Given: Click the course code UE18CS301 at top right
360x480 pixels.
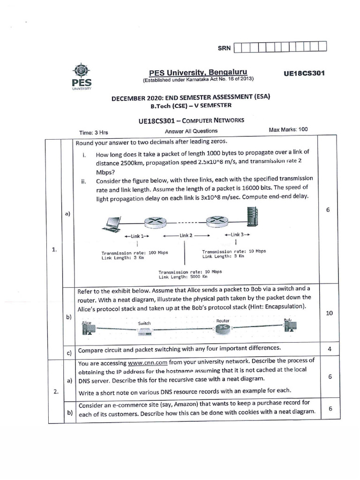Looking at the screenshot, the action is click(x=304, y=73).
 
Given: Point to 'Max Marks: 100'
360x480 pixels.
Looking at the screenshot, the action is click(x=288, y=129).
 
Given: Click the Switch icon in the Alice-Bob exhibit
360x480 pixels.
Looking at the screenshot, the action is click(x=144, y=331).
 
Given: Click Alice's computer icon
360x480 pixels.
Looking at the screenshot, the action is click(x=86, y=329).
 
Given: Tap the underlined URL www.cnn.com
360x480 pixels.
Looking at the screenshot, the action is click(x=141, y=363).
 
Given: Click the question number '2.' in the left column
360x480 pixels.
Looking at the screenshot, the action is click(x=54, y=392).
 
